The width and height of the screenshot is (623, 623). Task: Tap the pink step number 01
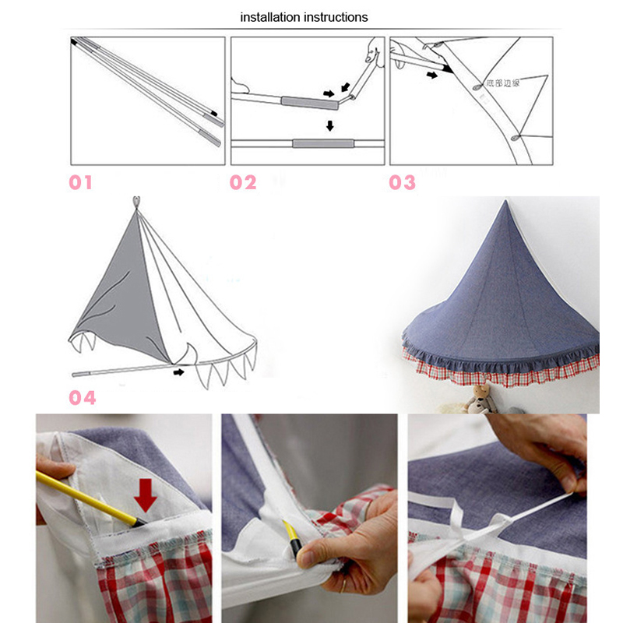click(x=81, y=183)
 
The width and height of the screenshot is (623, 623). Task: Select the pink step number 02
click(x=243, y=183)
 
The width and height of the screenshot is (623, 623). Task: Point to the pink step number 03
click(x=403, y=183)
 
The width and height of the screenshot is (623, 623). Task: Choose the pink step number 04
click(x=83, y=398)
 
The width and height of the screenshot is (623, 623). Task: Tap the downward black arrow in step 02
click(x=330, y=125)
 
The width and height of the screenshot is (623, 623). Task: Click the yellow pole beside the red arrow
click(x=86, y=496)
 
